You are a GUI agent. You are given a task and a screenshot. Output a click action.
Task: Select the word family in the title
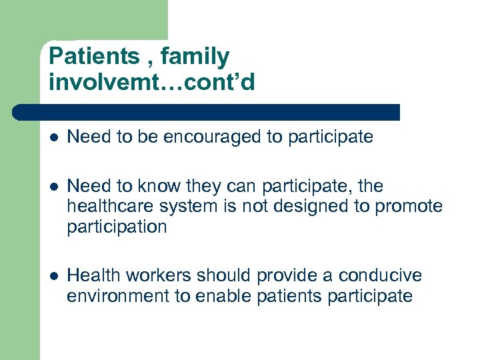(198, 56)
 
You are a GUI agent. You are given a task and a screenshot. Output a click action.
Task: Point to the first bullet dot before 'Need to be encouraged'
(54, 137)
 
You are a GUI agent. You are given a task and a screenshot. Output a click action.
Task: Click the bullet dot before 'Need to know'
(54, 186)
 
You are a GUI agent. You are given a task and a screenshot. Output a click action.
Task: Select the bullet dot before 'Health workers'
(54, 276)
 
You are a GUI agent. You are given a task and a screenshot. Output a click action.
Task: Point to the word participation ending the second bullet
(117, 227)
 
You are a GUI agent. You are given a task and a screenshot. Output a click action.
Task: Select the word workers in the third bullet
(157, 276)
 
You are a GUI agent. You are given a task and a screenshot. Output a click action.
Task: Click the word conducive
(380, 276)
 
